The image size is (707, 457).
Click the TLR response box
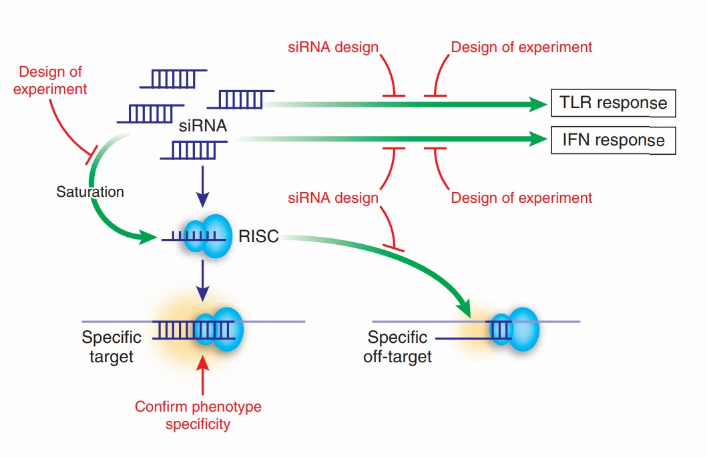coord(613,103)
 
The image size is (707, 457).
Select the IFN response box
coord(613,140)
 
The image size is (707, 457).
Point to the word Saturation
coord(90,191)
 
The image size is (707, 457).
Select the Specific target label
coord(111,347)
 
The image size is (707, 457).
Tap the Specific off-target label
coord(398,347)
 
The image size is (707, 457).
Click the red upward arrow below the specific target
coord(204,377)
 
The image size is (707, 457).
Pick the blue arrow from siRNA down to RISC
coord(204,189)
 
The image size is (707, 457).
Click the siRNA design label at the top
coord(333,47)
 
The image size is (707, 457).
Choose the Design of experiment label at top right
coord(521,47)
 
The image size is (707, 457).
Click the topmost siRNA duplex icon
coord(173,79)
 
